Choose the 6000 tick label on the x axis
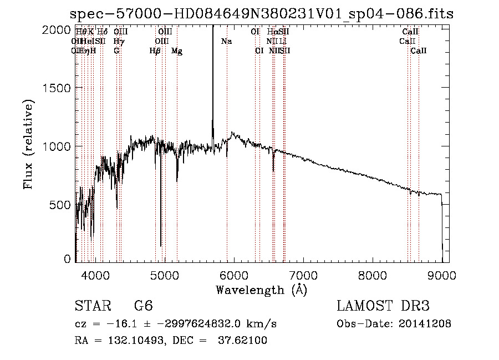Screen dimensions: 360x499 click(233, 274)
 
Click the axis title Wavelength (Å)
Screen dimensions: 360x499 click(261, 290)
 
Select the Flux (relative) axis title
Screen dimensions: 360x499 click(28, 145)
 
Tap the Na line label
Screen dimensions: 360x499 click(226, 42)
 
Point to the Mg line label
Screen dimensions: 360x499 click(177, 51)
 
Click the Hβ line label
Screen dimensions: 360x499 click(155, 51)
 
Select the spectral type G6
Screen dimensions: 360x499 click(144, 306)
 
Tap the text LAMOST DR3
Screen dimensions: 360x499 click(383, 306)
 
